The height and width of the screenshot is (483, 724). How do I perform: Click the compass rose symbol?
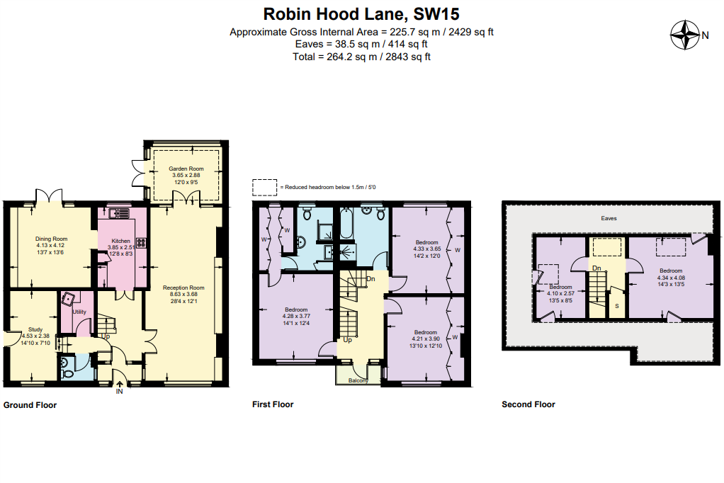(x=685, y=34)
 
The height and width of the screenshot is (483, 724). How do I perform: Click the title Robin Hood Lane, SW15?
(x=361, y=13)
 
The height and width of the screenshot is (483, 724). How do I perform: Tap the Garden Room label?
(x=186, y=169)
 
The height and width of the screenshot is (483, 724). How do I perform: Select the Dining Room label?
(x=51, y=239)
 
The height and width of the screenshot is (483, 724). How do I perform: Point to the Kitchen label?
(x=120, y=241)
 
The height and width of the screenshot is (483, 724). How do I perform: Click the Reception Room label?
(x=183, y=288)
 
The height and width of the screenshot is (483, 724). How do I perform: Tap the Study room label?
(x=35, y=329)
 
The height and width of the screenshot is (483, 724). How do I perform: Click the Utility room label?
(x=79, y=312)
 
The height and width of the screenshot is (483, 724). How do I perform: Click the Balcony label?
(x=358, y=380)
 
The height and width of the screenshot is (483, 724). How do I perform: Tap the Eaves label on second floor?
(x=607, y=219)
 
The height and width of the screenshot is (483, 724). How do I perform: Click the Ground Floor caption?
(x=30, y=405)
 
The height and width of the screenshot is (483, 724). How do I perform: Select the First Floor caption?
(x=273, y=404)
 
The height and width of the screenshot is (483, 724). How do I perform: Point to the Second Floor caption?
(x=528, y=404)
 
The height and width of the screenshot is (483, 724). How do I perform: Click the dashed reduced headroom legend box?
(x=265, y=187)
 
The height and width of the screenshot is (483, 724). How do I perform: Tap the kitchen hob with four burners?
(x=140, y=242)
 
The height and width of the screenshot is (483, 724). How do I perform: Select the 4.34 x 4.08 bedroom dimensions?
(x=670, y=277)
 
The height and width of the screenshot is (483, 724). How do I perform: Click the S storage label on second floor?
(x=616, y=305)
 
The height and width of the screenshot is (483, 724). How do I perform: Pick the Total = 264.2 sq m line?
(x=361, y=57)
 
